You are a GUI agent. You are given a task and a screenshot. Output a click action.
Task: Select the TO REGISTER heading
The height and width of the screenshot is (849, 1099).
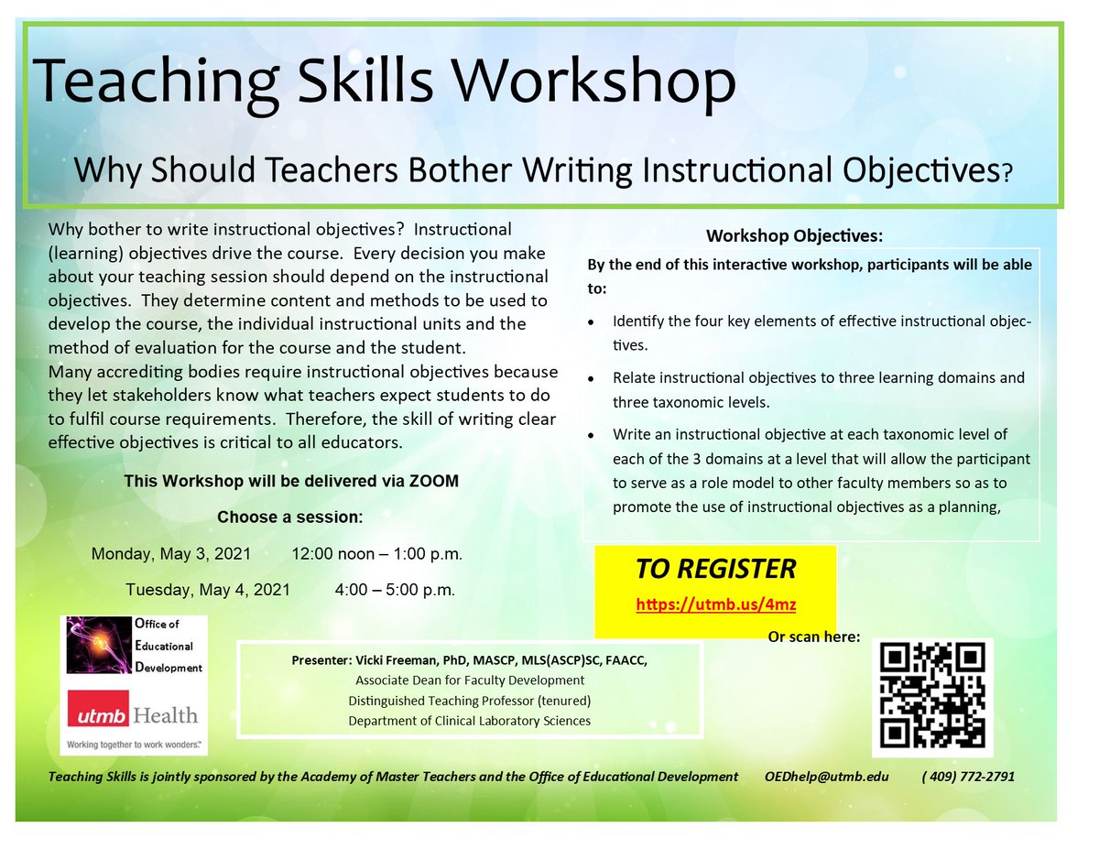(x=715, y=569)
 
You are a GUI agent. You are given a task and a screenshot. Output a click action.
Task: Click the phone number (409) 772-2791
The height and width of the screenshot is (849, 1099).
(x=968, y=776)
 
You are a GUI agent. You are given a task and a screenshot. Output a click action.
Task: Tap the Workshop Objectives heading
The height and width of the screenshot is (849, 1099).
(x=794, y=235)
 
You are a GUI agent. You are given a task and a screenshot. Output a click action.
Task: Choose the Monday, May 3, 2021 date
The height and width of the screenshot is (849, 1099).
(x=173, y=554)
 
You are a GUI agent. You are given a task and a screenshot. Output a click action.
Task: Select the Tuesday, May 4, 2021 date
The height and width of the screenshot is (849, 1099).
(x=208, y=589)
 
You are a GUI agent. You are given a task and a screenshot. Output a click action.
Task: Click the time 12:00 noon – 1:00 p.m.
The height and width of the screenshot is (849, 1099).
(x=376, y=554)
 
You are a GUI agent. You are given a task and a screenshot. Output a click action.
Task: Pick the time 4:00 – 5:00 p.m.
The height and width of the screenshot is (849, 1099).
(x=395, y=589)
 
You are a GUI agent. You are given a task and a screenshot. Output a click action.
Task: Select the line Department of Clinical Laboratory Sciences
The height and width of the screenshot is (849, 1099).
(x=469, y=721)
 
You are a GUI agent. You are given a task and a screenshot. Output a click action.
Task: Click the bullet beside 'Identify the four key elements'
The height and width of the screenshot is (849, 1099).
(x=595, y=323)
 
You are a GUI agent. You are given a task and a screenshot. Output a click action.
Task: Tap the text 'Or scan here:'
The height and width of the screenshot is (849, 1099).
(x=814, y=637)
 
